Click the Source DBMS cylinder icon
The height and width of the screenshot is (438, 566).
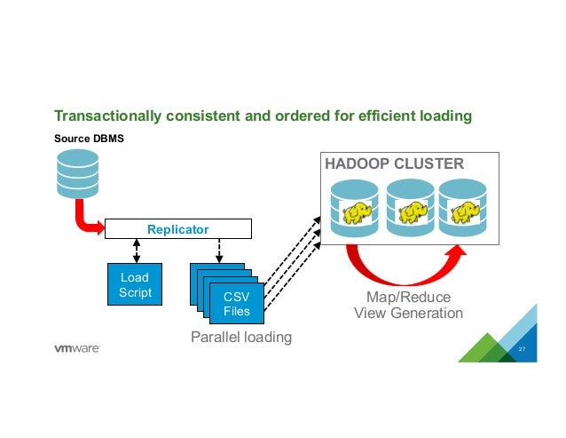click(x=77, y=174)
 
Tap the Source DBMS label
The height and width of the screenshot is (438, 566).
click(x=89, y=139)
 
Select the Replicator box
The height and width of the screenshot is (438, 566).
click(x=178, y=228)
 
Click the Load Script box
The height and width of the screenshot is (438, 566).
click(x=135, y=284)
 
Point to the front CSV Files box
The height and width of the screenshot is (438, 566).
click(x=237, y=304)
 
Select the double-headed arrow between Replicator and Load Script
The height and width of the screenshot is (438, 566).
click(x=137, y=251)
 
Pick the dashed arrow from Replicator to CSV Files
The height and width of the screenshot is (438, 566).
click(x=219, y=251)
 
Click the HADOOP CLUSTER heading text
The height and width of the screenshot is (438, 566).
click(x=394, y=163)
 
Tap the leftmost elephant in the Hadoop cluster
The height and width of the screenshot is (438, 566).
click(x=357, y=212)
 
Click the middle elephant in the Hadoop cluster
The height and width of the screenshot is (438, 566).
click(x=412, y=212)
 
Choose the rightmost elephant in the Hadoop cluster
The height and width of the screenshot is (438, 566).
click(x=464, y=212)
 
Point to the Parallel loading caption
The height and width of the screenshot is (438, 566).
click(x=241, y=338)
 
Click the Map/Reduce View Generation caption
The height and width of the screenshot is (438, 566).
click(x=409, y=305)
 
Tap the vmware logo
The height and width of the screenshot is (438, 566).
click(x=77, y=348)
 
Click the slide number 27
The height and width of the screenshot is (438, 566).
click(x=522, y=349)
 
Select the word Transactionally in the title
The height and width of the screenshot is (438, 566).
click(x=108, y=116)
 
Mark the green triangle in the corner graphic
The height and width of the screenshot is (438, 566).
click(x=487, y=349)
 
